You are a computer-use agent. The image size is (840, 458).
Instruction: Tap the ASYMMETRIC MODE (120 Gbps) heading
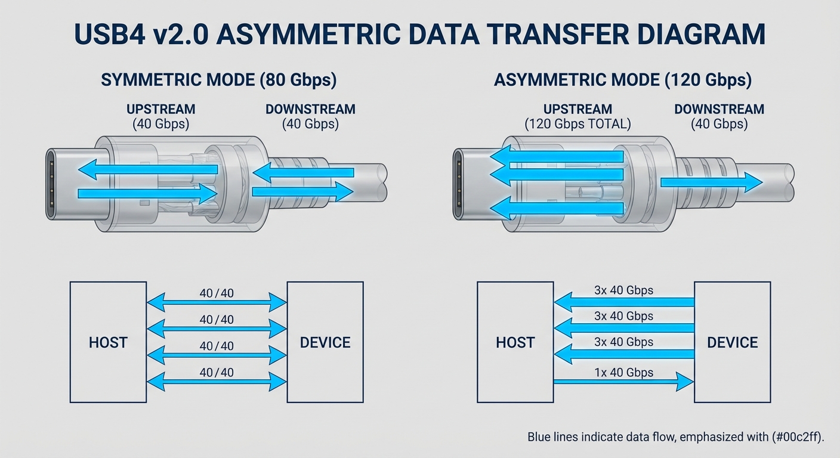click(622, 80)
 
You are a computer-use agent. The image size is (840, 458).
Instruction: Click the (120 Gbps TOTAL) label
click(577, 124)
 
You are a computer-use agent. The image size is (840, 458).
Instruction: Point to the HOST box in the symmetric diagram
click(108, 342)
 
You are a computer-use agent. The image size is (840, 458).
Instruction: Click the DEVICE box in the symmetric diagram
click(325, 342)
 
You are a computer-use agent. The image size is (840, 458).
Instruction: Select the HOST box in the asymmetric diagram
click(515, 342)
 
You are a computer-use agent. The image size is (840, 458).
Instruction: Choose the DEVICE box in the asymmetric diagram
click(732, 342)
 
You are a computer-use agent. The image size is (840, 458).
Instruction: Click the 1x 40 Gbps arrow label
click(623, 373)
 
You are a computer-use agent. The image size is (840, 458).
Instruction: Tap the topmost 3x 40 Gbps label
click(623, 290)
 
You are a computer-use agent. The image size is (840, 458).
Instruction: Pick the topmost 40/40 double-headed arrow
click(217, 302)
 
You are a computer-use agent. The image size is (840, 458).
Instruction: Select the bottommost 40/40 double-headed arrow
click(217, 382)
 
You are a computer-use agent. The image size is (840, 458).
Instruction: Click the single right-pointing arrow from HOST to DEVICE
click(623, 382)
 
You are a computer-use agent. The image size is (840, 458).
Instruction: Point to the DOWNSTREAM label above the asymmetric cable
click(719, 110)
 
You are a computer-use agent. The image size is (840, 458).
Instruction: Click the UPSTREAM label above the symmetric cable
click(160, 110)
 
